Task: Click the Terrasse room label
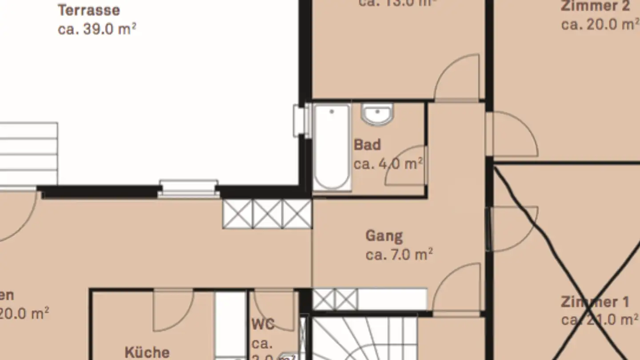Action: (89, 10)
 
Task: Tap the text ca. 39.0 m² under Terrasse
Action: (97, 29)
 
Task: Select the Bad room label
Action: (367, 145)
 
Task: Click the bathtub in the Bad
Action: (332, 147)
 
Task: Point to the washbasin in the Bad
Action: (377, 114)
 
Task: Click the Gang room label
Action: (384, 236)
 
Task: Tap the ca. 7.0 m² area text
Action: (399, 255)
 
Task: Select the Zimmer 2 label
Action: (595, 6)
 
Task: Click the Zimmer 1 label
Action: (595, 302)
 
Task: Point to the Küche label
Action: (147, 352)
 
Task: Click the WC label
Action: (263, 324)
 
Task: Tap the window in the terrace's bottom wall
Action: (188, 188)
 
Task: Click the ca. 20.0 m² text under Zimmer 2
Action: (599, 24)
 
